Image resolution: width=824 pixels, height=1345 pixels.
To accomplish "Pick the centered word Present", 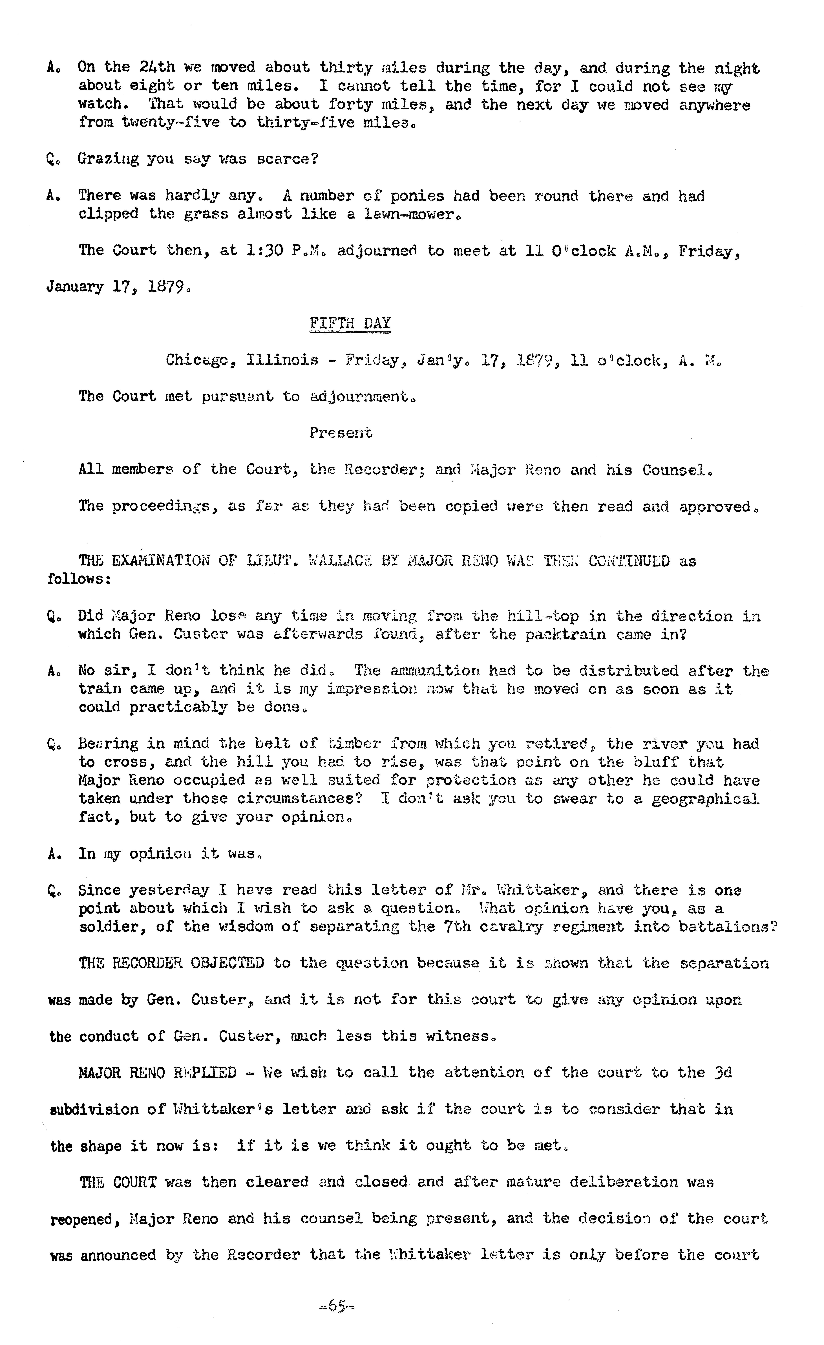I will point(341,433).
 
